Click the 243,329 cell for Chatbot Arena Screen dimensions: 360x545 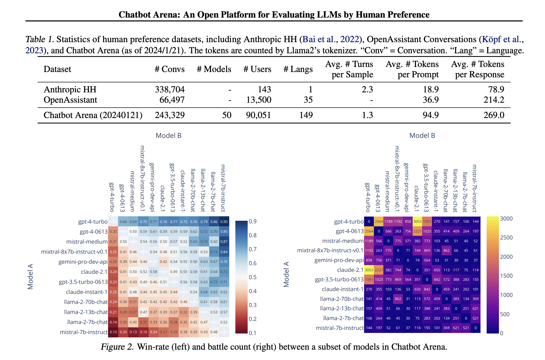point(170,115)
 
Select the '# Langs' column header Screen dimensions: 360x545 point(298,69)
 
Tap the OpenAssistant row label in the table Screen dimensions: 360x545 point(70,100)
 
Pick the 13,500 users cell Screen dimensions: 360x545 point(259,100)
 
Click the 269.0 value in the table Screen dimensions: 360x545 point(494,115)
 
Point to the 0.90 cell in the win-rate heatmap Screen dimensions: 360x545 point(224,222)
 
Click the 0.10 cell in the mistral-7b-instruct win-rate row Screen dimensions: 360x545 point(113,332)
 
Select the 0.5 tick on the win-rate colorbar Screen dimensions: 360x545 point(253,277)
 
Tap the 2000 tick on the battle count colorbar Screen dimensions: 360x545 point(506,257)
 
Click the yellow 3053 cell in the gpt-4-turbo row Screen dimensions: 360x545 point(417,222)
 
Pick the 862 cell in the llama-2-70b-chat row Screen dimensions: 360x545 point(398,299)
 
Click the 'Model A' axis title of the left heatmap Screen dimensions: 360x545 point(30,276)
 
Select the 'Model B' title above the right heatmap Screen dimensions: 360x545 point(422,136)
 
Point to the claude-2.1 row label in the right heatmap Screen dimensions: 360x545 point(350,270)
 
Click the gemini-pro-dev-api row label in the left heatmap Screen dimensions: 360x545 point(83,262)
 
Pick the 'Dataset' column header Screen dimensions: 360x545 point(57,69)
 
